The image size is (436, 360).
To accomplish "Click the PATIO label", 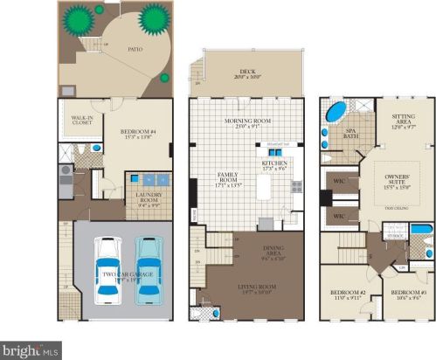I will point(133,51).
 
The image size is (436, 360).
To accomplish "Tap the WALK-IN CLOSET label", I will point(82,120).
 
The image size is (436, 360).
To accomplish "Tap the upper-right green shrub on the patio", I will point(154,16).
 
